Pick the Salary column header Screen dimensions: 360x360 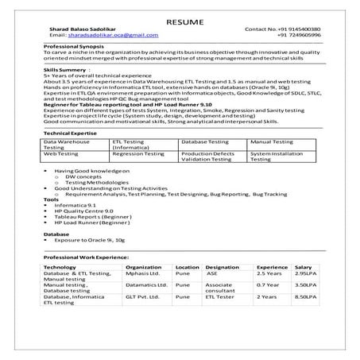[304, 268]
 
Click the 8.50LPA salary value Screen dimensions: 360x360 [306, 296]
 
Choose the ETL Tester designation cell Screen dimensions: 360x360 [220, 296]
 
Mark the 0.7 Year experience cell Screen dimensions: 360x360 [269, 285]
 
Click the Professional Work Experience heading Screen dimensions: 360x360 [86, 259]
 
